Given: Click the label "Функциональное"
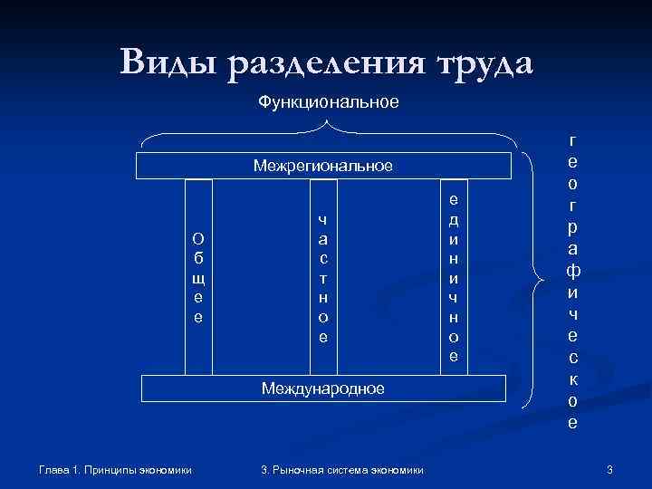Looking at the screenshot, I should tap(328, 102).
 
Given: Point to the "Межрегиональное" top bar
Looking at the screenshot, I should tap(322, 166).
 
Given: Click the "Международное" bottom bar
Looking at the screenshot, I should tap(322, 388).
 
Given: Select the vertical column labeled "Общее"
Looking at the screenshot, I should tap(198, 277).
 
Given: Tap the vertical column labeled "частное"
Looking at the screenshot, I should tap(322, 277).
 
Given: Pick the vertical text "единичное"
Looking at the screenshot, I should tap(454, 277).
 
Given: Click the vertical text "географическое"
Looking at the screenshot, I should tap(571, 281).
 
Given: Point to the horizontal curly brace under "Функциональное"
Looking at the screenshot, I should tap(328, 138).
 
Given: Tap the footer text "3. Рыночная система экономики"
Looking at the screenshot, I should tap(341, 469).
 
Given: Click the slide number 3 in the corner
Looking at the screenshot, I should tap(609, 469).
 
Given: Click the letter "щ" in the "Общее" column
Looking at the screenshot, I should tap(198, 277).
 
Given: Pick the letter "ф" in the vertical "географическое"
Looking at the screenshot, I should tap(571, 271).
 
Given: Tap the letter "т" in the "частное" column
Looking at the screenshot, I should tap(322, 277).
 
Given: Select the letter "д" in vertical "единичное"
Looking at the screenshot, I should tap(454, 219).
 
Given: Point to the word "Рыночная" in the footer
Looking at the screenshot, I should tap(299, 469).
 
